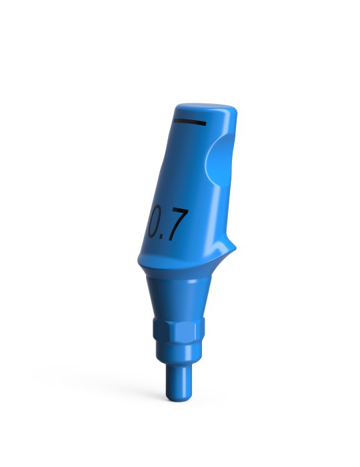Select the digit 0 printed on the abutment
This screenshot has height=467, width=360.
click(155, 223)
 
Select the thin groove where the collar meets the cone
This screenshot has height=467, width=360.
click(179, 277)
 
